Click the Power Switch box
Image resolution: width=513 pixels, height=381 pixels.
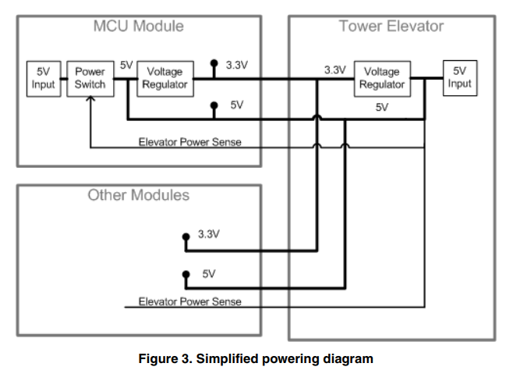point(90,78)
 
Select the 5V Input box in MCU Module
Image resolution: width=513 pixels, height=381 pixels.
point(43,78)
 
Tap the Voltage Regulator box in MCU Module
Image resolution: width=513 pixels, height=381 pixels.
point(165,78)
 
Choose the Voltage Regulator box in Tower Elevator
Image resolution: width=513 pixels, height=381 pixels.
point(381,78)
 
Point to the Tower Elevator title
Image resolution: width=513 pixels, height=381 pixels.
point(391,26)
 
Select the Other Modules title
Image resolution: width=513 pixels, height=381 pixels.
point(138,195)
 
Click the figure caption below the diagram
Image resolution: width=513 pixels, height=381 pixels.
point(256,359)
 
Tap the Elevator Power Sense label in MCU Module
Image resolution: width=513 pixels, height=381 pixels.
point(189,142)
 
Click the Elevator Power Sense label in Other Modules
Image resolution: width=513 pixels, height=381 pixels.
point(189,301)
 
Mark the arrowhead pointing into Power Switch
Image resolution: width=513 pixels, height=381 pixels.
point(90,99)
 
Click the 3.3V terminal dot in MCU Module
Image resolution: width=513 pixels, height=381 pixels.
point(214,62)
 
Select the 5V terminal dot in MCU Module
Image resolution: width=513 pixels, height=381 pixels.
point(214,104)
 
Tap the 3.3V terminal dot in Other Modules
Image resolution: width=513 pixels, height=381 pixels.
point(186,235)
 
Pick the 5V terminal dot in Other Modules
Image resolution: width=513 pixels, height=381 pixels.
point(186,275)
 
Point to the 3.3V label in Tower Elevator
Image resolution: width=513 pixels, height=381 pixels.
point(334,69)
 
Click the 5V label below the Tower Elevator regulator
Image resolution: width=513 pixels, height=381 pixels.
point(381,107)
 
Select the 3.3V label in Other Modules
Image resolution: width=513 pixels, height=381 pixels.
point(208,234)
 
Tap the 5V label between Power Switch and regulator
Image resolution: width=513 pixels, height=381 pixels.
point(126,65)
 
